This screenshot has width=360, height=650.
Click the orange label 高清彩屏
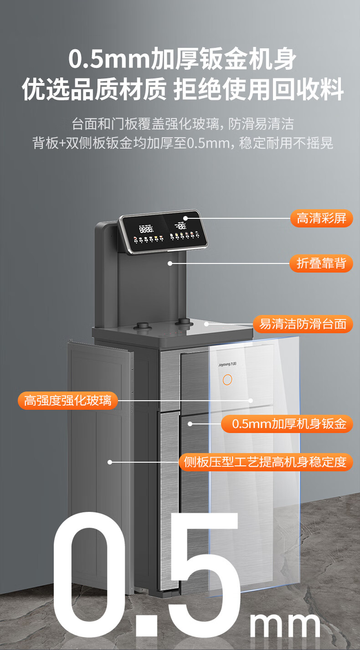(321, 218)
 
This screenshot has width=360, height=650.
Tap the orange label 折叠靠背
(321, 263)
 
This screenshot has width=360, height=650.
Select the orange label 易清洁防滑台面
(303, 324)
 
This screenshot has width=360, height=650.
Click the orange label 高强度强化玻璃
(67, 401)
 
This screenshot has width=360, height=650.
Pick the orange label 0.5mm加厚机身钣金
(287, 424)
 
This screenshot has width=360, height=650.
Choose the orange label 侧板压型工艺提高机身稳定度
(265, 462)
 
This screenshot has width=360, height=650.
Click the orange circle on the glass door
(227, 380)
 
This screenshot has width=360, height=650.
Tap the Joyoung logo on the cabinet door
(227, 364)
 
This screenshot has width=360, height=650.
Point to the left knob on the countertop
(143, 326)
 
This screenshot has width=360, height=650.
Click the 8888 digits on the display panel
(146, 229)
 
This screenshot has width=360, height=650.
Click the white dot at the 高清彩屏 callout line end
(185, 218)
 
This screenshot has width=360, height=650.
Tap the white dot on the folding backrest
(170, 263)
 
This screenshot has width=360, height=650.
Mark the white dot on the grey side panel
(110, 462)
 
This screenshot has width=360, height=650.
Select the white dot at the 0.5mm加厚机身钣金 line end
(190, 424)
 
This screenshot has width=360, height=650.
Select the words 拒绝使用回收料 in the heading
(258, 89)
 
